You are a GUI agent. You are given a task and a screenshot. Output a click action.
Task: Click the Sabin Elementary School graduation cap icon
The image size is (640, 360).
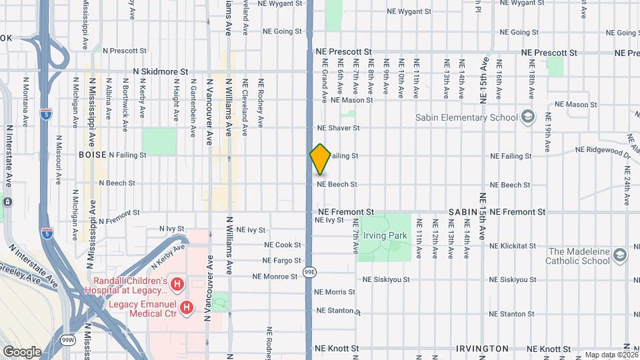click(528, 117)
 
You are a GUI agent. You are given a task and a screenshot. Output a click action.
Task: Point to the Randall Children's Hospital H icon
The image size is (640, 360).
click(177, 285)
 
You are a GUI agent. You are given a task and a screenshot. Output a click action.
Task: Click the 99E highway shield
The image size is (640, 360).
click(310, 272)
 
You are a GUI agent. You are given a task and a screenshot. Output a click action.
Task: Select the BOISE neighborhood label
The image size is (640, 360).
click(93, 154)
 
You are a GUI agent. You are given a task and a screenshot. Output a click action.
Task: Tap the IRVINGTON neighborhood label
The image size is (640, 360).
click(482, 349)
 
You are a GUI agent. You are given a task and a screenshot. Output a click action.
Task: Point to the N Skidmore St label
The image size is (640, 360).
click(161, 71)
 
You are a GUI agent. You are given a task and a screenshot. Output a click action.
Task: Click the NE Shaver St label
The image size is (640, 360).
click(338, 128)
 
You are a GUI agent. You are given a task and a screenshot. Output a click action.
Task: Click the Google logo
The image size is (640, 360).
click(22, 351)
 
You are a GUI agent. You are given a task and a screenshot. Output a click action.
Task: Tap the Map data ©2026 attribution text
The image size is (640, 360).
click(610, 355)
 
